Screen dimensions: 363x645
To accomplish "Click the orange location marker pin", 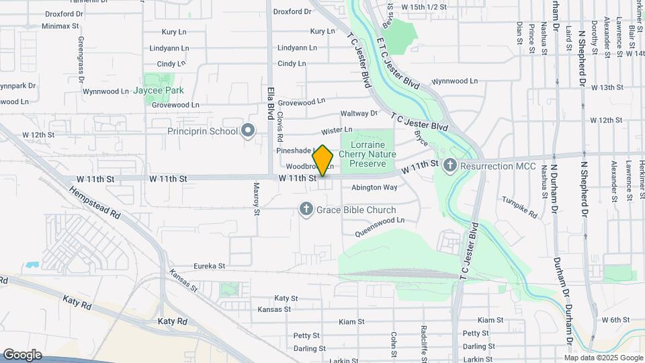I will coord(322,161).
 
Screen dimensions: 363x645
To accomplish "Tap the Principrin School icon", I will coord(248,130).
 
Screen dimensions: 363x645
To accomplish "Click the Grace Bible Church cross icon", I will coord(306,210).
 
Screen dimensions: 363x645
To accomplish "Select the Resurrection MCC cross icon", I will coord(450,165).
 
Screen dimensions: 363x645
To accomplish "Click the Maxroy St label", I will coord(256,199).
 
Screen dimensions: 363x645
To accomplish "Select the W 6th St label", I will coord(615,320).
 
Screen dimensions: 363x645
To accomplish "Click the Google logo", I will coord(22,355).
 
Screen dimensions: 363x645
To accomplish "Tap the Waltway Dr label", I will coord(359,114).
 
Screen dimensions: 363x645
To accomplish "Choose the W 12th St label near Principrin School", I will coord(38,135).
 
